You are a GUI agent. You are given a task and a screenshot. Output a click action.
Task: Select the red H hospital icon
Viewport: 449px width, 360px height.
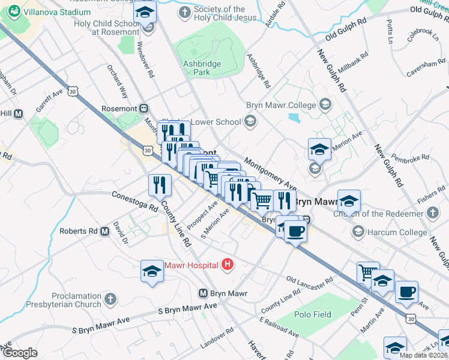(x=228, y=264)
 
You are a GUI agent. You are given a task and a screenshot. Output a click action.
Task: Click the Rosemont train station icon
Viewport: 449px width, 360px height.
(x=144, y=109)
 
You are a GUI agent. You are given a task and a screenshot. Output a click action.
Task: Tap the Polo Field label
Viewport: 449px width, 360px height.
(x=312, y=314)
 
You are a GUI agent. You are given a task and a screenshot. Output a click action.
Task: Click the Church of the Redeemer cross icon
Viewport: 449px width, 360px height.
(x=433, y=213)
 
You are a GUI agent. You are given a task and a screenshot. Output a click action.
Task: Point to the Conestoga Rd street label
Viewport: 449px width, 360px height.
(x=134, y=201)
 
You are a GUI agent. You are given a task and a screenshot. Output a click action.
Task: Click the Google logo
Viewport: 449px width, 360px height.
(x=20, y=353)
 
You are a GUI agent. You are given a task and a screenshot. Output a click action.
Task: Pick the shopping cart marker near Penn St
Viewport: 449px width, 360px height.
(x=367, y=272)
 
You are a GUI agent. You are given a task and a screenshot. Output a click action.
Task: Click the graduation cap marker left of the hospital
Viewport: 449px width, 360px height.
(x=152, y=272)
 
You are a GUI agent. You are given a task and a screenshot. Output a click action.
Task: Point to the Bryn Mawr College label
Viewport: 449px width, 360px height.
(x=280, y=105)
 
